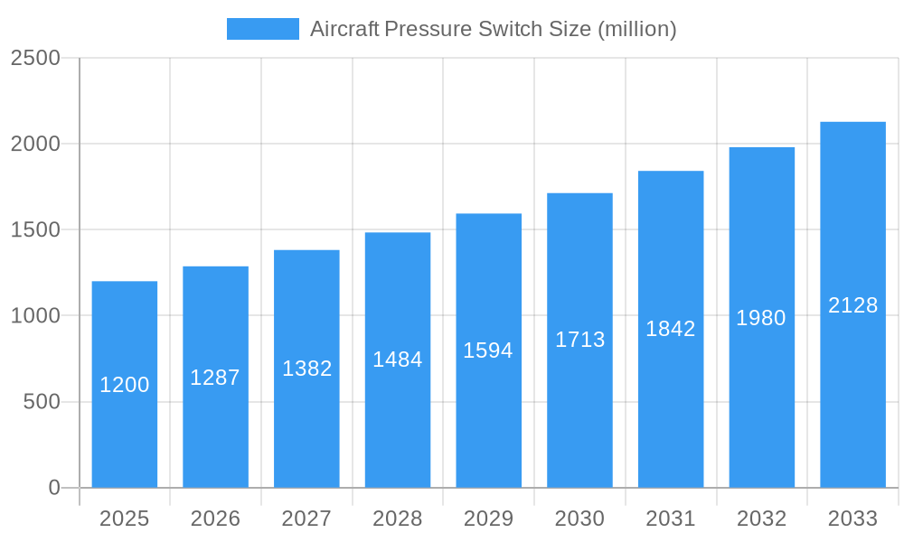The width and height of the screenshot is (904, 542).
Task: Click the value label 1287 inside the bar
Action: click(215, 378)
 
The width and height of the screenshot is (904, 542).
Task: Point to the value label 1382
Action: click(307, 369)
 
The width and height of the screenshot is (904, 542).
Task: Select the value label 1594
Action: click(488, 350)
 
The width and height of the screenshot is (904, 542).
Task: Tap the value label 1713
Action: click(579, 340)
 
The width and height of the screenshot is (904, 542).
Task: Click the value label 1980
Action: click(761, 318)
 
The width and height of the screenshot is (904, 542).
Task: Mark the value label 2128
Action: click(852, 305)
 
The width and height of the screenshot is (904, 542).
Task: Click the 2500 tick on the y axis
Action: click(35, 58)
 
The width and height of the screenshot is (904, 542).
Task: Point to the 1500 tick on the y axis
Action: click(35, 230)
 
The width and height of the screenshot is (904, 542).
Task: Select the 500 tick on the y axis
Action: click(42, 402)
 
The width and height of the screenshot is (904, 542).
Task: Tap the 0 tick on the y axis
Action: click(54, 488)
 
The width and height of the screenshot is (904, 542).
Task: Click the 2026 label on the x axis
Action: click(215, 519)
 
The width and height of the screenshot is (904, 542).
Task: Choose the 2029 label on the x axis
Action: click(488, 519)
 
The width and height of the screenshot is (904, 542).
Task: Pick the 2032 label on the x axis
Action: click(761, 519)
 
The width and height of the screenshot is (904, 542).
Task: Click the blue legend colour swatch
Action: click(262, 29)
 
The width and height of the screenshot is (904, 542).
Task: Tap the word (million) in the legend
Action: click(637, 29)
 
